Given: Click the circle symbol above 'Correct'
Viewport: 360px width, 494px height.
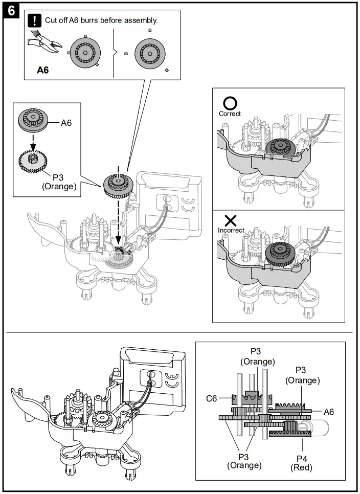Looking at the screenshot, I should click(230, 104).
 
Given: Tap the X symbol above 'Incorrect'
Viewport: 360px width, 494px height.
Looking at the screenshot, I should click(231, 220).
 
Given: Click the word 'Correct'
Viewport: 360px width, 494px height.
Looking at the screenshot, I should click(230, 114).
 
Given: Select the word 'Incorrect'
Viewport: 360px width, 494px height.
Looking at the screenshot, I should click(231, 230).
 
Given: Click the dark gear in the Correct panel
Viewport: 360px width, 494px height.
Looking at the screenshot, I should click(279, 148).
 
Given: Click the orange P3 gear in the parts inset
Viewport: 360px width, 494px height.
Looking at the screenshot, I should click(34, 163).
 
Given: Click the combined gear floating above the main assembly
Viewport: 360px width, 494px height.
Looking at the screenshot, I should click(118, 185).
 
